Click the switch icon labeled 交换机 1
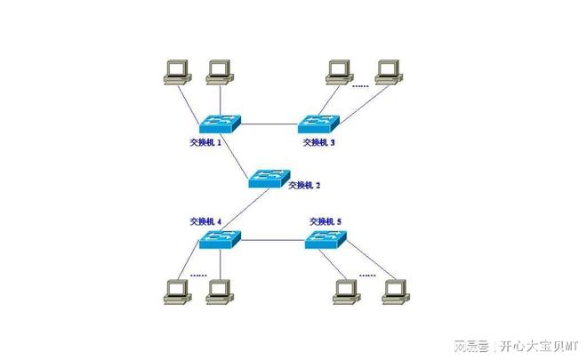pos(219,123)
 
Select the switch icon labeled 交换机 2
pos(269,176)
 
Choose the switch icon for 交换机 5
pos(326,238)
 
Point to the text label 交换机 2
pos(304,185)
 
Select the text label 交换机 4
pos(205,220)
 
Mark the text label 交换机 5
pos(326,220)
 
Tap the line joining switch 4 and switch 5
pos(271,239)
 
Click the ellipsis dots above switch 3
pos(360,87)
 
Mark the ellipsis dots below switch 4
pos(197,275)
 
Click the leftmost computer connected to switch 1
pos(177,71)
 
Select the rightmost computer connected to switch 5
pos(394,291)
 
